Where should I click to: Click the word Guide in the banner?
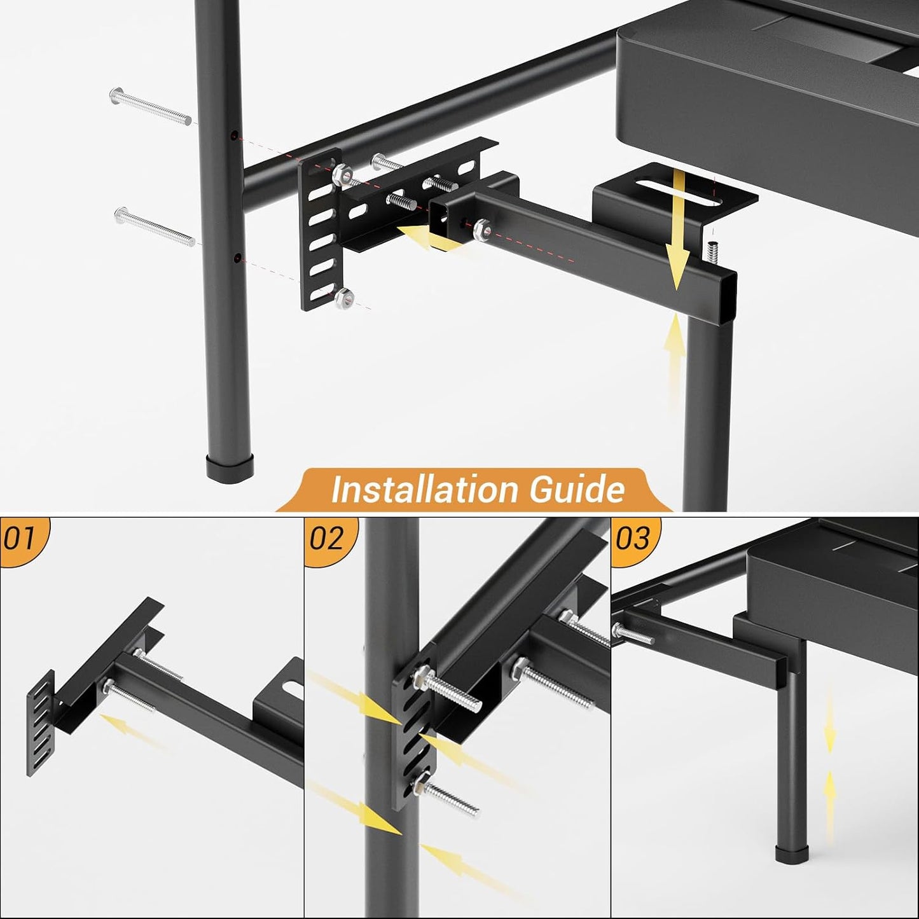pyautogui.click(x=577, y=490)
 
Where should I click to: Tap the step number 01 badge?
pyautogui.click(x=19, y=539)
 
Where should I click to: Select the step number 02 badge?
pyautogui.click(x=326, y=539)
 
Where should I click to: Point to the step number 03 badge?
pyautogui.click(x=632, y=539)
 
